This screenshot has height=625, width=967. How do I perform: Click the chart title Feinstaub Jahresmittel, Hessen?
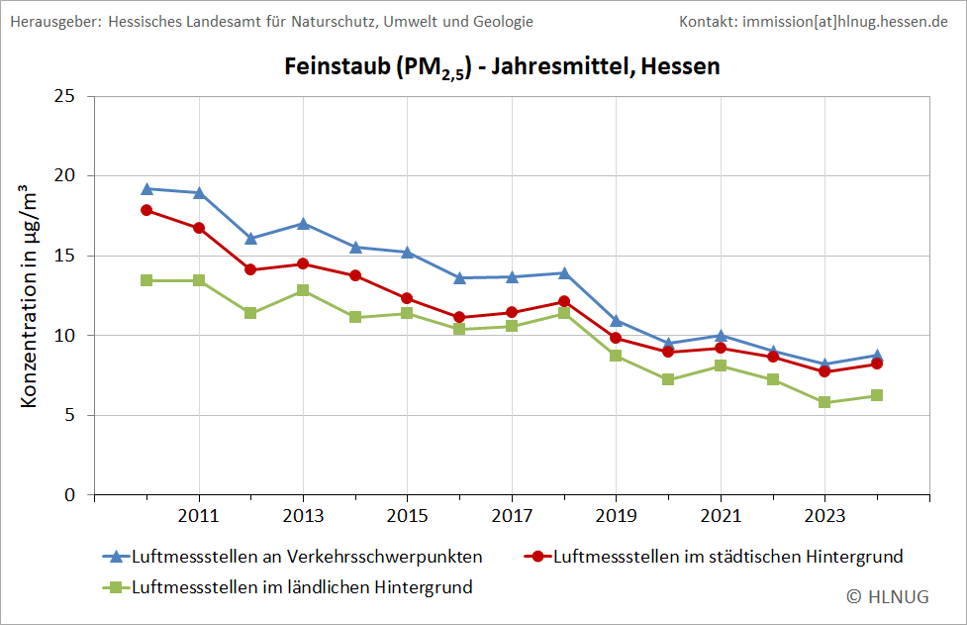tap(502, 67)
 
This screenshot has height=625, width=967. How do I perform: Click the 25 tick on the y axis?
tap(65, 96)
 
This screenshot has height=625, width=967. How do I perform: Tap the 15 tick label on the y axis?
tap(65, 256)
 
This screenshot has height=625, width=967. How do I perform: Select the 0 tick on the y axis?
tap(70, 494)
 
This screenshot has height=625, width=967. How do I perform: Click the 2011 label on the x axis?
tap(199, 516)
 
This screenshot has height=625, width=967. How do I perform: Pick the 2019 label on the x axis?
tap(616, 516)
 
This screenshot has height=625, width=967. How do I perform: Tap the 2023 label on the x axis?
tap(824, 516)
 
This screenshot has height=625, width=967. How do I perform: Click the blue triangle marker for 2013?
tap(304, 224)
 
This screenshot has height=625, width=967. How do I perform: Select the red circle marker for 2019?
tap(616, 338)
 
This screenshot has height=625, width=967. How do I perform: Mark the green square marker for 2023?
tap(824, 402)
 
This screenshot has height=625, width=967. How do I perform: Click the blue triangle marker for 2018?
tap(564, 272)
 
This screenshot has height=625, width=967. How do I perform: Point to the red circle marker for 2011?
tap(199, 228)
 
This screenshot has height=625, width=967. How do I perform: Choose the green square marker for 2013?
tap(304, 290)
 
